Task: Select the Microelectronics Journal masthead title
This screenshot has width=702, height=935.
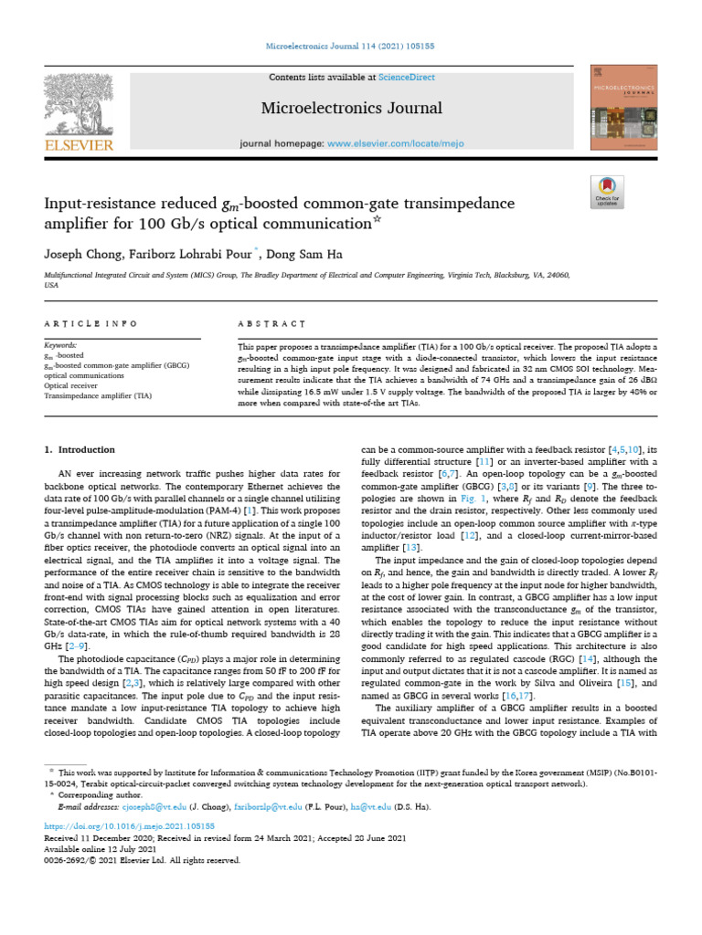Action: coord(338,108)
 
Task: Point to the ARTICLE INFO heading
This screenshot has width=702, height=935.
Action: coord(91,323)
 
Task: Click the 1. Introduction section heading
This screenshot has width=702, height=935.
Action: coord(80,450)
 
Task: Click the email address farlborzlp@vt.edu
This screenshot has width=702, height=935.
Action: coord(280,807)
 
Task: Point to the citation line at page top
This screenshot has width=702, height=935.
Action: coord(351,45)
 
